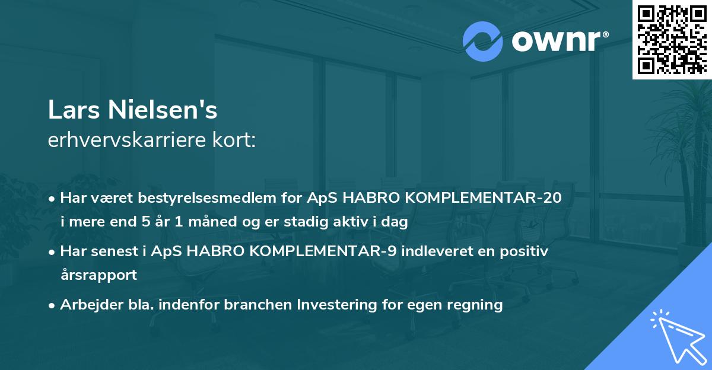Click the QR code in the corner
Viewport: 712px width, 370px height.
pos(672,40)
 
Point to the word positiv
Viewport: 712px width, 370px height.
pos(527,251)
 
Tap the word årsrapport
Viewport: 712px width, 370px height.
pos(98,275)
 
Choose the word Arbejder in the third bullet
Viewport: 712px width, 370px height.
pos(88,305)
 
